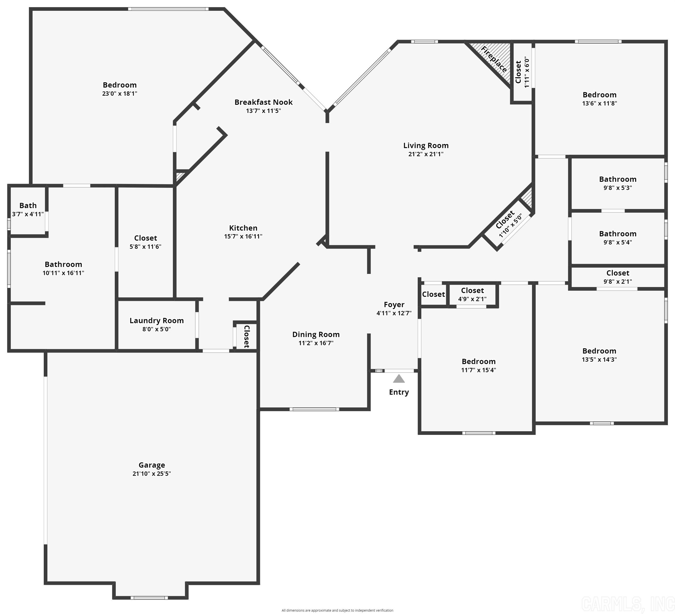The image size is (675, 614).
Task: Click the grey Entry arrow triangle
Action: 399,379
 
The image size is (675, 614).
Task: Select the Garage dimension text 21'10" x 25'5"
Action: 152,473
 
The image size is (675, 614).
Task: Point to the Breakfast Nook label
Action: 264,102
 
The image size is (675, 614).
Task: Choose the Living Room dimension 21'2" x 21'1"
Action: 426,154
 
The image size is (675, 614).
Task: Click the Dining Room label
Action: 316,334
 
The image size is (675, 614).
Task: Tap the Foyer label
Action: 394,305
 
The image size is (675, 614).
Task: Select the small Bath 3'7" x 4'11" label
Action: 28,209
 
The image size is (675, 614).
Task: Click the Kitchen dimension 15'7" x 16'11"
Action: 243,236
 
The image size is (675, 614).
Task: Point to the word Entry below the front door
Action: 399,392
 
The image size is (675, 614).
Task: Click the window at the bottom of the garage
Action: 149,597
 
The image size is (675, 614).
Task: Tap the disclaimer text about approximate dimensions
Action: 337,610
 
